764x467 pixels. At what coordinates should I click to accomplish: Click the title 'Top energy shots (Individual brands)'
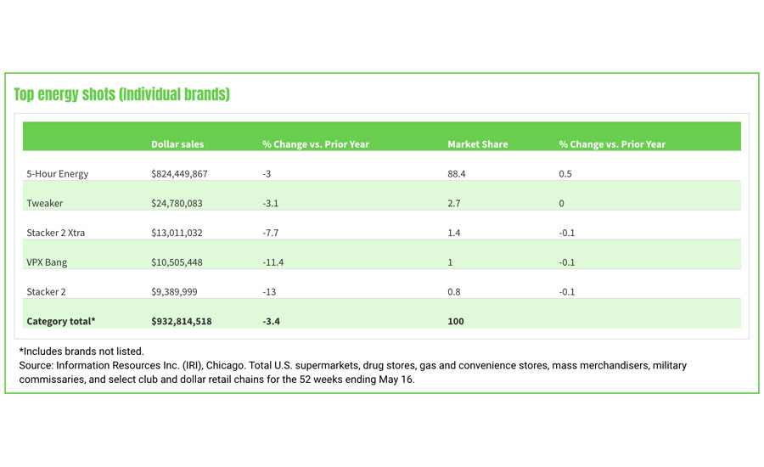121,94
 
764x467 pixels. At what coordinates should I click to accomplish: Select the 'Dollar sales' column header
177,144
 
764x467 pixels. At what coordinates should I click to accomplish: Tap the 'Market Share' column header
477,144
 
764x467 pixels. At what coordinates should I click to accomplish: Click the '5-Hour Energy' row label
58,174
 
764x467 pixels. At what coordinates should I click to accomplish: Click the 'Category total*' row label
61,322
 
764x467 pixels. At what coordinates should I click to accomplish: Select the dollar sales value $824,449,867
179,174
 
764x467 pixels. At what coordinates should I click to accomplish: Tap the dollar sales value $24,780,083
177,204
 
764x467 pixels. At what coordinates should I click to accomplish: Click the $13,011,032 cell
177,233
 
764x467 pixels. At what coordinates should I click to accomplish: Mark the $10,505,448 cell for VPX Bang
177,262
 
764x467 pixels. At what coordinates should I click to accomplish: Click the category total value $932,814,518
182,322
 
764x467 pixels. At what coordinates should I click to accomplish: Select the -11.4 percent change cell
273,262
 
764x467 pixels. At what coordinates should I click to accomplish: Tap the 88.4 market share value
458,174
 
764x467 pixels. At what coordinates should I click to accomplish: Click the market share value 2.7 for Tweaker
454,204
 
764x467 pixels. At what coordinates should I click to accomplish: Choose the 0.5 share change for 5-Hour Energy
565,174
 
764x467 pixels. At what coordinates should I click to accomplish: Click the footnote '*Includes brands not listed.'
81,351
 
